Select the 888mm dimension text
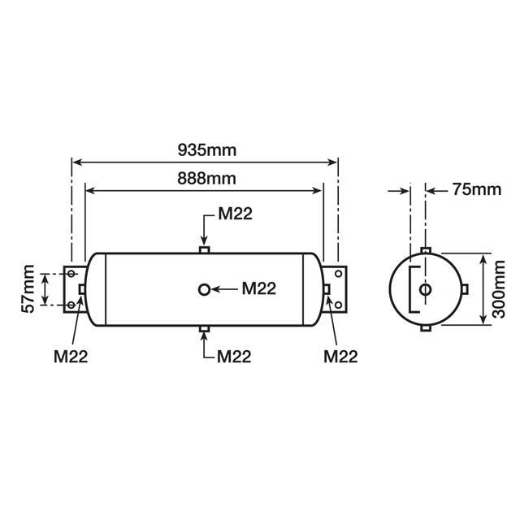click(x=202, y=178)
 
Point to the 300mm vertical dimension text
click(x=500, y=290)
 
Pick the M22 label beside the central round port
click(x=259, y=288)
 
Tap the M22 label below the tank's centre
click(x=236, y=357)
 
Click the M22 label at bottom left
click(x=71, y=356)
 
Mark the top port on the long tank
click(x=204, y=249)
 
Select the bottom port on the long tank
click(x=204, y=329)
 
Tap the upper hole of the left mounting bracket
click(x=72, y=274)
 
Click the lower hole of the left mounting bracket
click(x=72, y=305)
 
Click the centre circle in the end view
click(x=424, y=290)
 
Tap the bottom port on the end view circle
click(x=424, y=328)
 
